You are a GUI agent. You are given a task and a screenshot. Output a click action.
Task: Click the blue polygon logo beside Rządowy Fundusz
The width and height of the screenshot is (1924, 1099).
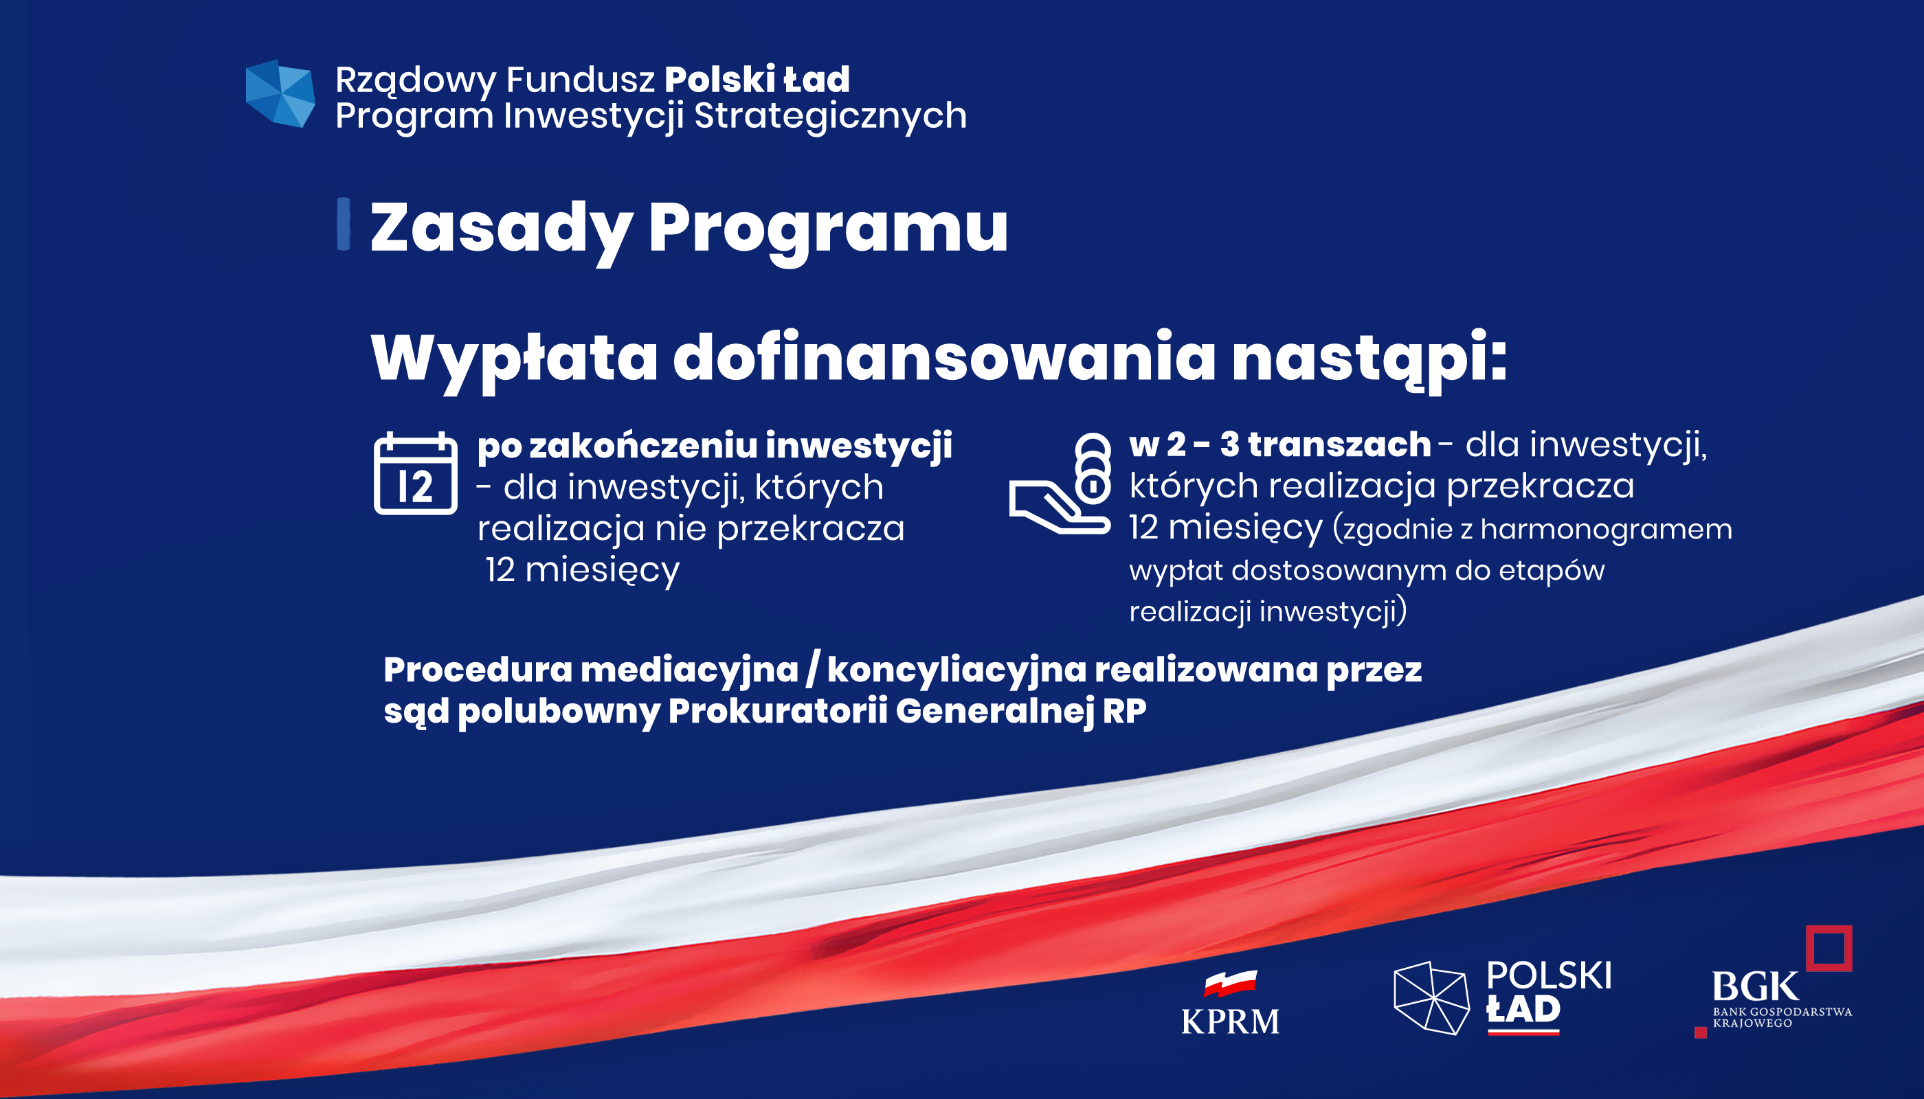[280, 93]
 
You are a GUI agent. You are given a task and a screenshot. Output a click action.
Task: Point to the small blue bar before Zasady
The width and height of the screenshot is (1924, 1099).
[344, 223]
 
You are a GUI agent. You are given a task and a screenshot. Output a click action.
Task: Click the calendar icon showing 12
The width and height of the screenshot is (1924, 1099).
[415, 473]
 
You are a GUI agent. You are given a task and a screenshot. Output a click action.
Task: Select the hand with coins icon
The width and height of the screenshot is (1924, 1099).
[1060, 483]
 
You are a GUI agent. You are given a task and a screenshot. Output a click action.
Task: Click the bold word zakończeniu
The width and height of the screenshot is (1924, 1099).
[642, 445]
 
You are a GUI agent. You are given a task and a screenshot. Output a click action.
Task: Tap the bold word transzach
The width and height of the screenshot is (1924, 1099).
[1339, 444]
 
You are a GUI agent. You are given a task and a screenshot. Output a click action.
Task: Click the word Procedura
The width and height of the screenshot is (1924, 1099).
[478, 670]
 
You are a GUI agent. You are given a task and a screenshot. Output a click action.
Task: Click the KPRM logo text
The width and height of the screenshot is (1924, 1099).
[1230, 1022]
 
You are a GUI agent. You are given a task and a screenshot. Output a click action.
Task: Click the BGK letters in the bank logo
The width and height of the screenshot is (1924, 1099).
[1756, 986]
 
